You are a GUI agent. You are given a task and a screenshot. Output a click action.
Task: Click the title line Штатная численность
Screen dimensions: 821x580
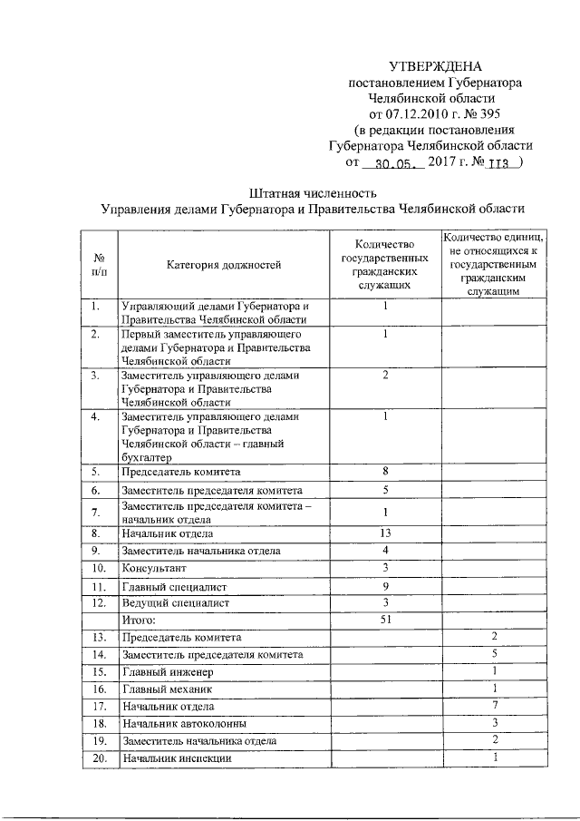[x=312, y=192]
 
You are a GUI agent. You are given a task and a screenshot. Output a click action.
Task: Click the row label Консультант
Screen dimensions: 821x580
[x=151, y=568]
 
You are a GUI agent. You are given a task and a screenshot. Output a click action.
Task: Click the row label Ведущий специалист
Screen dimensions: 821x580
[x=176, y=602]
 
